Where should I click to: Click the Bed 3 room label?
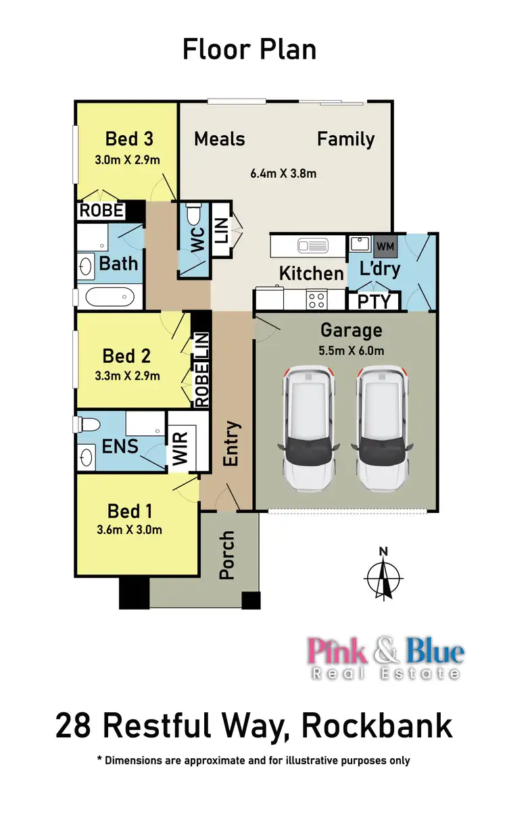pyautogui.click(x=129, y=139)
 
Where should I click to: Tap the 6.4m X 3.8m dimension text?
pyautogui.click(x=283, y=174)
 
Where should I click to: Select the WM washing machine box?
pyautogui.click(x=384, y=244)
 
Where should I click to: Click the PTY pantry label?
pyautogui.click(x=374, y=301)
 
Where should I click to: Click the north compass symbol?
pyautogui.click(x=383, y=575)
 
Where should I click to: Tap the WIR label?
pyautogui.click(x=180, y=447)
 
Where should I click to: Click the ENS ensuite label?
pyautogui.click(x=120, y=446)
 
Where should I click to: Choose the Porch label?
pyautogui.click(x=227, y=555)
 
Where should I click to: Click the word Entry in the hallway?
pyautogui.click(x=231, y=443)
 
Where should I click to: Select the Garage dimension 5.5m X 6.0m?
pyautogui.click(x=351, y=351)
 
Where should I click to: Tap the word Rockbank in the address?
pyautogui.click(x=377, y=726)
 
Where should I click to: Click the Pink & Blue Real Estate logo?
pyautogui.click(x=386, y=658)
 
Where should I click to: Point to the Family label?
pyautogui.click(x=345, y=139)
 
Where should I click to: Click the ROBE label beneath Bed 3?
pyautogui.click(x=101, y=210)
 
